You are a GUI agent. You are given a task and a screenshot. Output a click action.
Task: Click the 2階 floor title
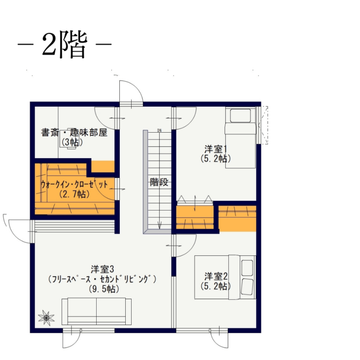[x=65, y=45]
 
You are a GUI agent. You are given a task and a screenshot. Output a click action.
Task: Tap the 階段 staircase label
[x=159, y=182]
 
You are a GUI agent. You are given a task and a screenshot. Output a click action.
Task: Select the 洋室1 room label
[x=216, y=149]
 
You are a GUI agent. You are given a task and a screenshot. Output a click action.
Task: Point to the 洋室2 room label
[x=216, y=277]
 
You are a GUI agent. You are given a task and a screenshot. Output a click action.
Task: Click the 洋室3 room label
[x=103, y=269]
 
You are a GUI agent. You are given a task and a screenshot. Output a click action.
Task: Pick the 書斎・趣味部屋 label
[x=74, y=133]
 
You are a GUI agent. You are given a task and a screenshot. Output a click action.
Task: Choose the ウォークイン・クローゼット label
[x=74, y=184]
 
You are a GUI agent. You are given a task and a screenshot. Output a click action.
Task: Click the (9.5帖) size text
[x=104, y=289]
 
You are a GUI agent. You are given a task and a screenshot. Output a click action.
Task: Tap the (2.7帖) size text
[x=74, y=194]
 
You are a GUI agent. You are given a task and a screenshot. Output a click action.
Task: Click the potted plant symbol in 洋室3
[x=46, y=318]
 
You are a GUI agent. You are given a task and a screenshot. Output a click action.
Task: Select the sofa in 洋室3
[x=97, y=311]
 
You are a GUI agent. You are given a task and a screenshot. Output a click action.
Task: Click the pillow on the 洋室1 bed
[x=240, y=116]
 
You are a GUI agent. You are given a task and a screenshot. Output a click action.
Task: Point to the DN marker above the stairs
[x=160, y=130]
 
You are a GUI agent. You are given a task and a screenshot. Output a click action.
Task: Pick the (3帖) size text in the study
[x=72, y=143]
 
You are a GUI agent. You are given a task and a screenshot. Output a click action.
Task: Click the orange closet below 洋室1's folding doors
[x=195, y=217]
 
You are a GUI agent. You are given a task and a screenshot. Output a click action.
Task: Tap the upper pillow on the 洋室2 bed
[x=247, y=267]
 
